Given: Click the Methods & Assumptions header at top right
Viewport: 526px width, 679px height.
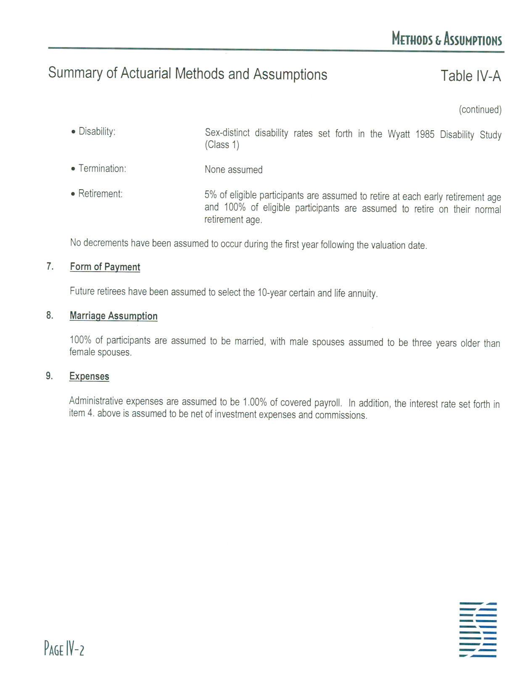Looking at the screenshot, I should (x=447, y=39).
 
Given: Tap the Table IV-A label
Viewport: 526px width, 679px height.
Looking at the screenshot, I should (x=470, y=76).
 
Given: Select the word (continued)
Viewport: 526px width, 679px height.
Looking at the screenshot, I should (x=480, y=110).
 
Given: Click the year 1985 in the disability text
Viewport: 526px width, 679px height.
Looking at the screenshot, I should (x=425, y=135).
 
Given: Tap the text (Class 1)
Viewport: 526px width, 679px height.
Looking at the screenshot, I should (x=222, y=145).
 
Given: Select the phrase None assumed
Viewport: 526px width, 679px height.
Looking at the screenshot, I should (x=233, y=170).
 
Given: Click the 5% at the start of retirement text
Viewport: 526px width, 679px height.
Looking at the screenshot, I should (x=210, y=195).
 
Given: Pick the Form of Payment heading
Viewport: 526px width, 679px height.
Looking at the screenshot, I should (x=105, y=267).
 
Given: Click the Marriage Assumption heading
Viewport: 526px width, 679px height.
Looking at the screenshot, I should (x=114, y=316).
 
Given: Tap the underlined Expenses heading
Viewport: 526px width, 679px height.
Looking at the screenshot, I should (x=89, y=376).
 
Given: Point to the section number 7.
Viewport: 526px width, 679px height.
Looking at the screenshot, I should (x=50, y=267).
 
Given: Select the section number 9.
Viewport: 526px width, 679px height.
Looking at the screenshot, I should (x=50, y=376).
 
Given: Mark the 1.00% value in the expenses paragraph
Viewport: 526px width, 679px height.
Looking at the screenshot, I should (x=254, y=402).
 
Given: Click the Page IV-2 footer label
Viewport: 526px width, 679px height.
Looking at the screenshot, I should (x=64, y=649).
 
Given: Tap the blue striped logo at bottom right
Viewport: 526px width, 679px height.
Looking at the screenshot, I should (x=478, y=629).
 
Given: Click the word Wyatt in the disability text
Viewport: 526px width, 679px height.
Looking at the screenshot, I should (x=399, y=135).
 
